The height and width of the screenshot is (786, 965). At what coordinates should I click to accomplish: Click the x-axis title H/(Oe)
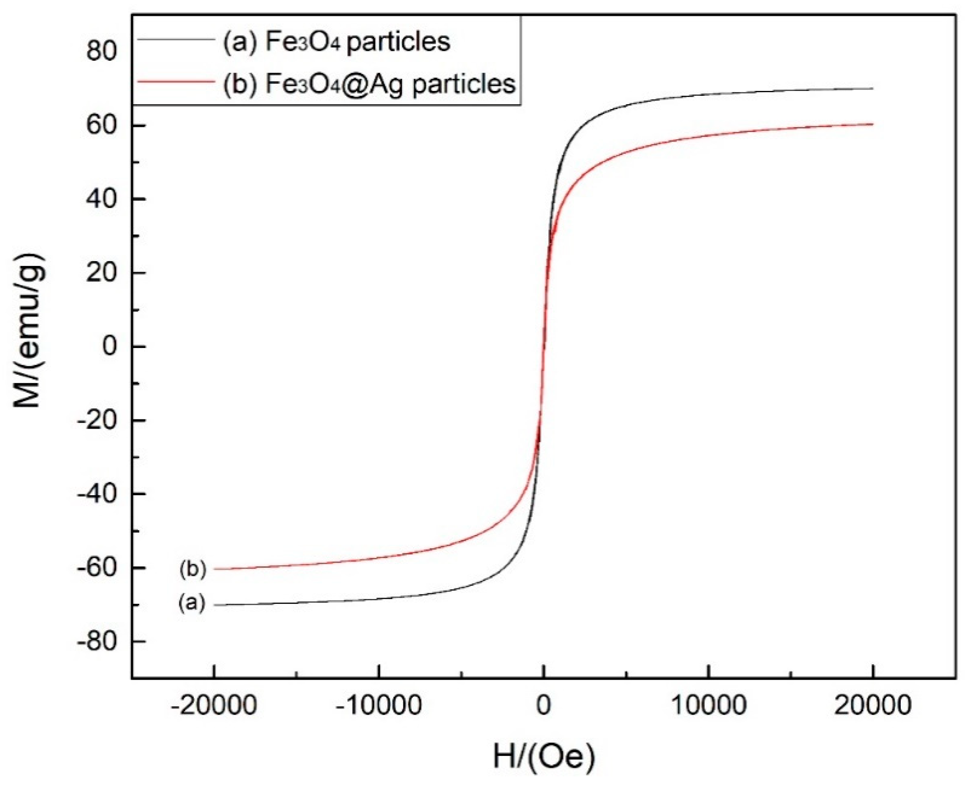543,757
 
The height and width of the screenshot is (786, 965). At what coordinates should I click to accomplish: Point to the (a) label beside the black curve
192,603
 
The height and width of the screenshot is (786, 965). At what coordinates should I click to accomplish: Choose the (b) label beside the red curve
193,569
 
